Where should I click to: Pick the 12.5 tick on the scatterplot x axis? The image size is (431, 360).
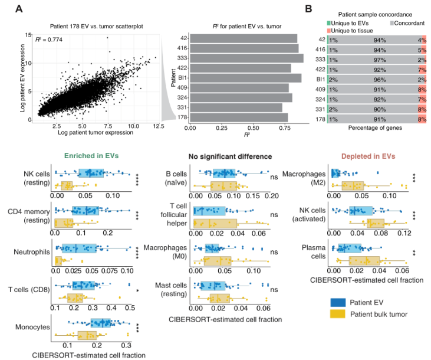[x=155, y=126]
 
